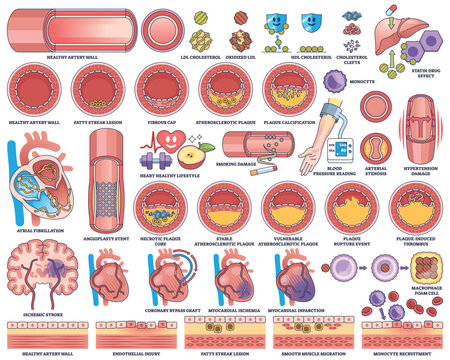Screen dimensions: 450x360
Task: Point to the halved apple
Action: point(197,155)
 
